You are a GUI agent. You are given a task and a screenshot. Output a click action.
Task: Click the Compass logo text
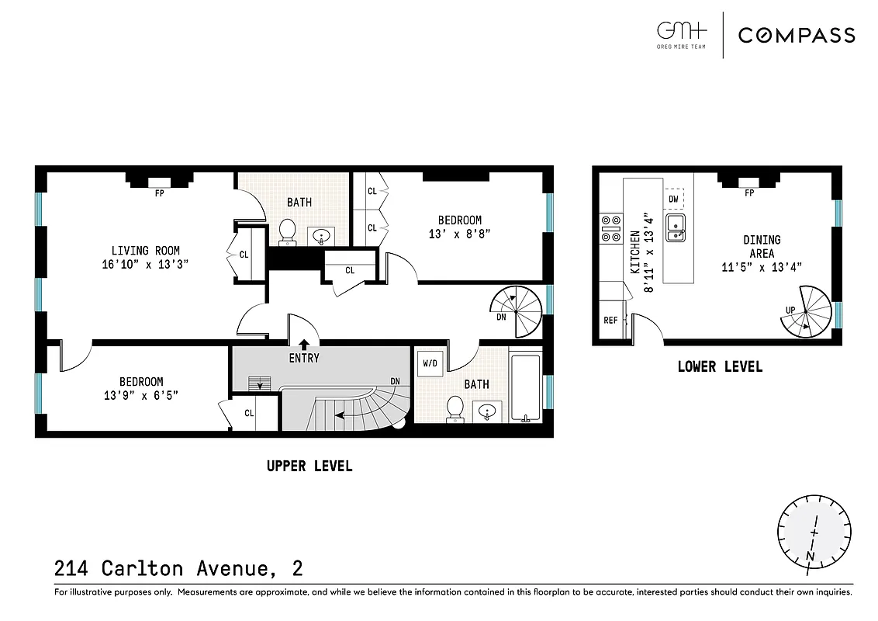[796, 35]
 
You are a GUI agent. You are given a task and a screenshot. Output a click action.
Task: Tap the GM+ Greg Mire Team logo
[682, 35]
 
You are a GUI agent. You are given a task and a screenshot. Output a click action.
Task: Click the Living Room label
[145, 251]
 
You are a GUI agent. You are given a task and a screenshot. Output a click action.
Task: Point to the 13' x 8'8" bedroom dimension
[459, 234]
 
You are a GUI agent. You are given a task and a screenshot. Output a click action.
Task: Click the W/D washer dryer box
[429, 363]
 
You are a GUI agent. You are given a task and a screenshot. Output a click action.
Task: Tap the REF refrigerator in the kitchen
[611, 320]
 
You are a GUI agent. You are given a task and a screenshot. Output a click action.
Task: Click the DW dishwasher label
[673, 199]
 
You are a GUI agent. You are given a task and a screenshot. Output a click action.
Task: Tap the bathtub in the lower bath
[526, 388]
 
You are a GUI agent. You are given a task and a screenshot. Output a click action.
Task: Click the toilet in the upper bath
[287, 231]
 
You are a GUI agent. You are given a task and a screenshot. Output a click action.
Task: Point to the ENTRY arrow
[303, 344]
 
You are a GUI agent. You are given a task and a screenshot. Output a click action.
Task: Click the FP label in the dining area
[749, 193]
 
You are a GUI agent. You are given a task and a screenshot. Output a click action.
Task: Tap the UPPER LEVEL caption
[309, 466]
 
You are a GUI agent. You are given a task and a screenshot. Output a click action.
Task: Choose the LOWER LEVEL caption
[719, 366]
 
